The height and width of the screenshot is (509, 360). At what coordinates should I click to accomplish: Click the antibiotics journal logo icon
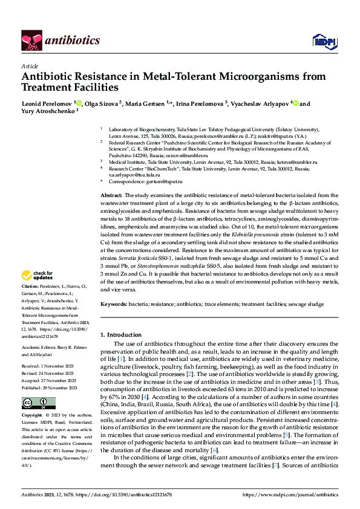(x=29, y=40)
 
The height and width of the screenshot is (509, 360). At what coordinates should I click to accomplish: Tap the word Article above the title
(x=29, y=66)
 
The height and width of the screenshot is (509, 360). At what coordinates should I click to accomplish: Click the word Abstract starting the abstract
(x=111, y=196)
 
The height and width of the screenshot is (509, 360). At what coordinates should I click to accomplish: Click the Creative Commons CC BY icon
(x=31, y=403)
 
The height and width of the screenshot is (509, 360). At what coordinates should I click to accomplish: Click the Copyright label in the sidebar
(x=31, y=416)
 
